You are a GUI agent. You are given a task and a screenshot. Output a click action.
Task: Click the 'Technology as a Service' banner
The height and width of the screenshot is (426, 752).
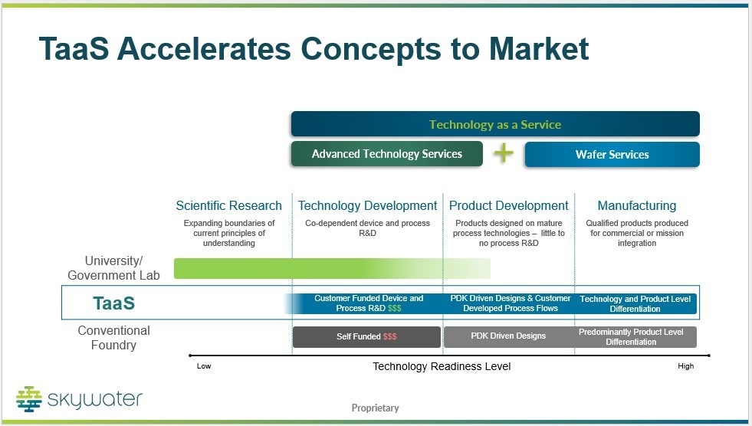tap(495, 124)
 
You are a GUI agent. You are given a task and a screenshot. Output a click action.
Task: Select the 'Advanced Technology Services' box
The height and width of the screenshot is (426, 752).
tap(386, 154)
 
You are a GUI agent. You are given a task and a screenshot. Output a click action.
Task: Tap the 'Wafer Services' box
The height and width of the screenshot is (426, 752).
tap(612, 154)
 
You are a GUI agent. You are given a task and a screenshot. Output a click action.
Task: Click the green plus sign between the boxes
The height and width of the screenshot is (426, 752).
tap(504, 153)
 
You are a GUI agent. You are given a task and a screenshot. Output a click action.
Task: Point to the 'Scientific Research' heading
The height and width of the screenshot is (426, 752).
tap(228, 205)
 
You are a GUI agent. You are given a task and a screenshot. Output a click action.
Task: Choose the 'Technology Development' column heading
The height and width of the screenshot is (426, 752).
tap(367, 205)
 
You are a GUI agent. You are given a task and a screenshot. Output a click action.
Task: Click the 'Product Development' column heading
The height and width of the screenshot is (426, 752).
tap(508, 205)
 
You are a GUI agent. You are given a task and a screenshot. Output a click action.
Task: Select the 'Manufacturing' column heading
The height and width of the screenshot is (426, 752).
tap(637, 205)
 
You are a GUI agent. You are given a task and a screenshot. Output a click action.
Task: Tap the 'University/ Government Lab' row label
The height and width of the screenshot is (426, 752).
tap(113, 268)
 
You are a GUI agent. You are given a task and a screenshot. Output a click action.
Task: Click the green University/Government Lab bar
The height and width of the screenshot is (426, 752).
tap(332, 268)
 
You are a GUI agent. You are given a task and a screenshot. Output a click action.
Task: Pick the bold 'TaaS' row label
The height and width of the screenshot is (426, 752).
tap(113, 303)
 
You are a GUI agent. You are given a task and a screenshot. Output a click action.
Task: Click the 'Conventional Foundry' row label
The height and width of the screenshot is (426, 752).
tap(113, 338)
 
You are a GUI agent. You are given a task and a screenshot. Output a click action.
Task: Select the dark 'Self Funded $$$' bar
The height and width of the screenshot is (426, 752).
tap(366, 337)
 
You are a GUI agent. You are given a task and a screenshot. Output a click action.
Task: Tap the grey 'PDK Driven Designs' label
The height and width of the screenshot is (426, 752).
tap(508, 336)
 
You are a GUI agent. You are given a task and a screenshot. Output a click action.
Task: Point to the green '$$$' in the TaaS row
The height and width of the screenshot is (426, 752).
tap(394, 308)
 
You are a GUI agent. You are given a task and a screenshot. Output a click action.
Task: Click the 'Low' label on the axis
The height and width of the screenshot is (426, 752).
tap(204, 366)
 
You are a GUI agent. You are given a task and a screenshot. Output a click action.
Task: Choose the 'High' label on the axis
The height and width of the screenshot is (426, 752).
tap(686, 366)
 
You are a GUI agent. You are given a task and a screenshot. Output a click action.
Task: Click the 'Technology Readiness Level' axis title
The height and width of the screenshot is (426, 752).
tap(442, 366)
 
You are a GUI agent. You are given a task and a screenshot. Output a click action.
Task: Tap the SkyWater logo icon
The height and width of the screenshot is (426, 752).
tap(29, 399)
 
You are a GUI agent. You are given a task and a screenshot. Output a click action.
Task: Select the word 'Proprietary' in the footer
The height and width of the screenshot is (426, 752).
tap(375, 408)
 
